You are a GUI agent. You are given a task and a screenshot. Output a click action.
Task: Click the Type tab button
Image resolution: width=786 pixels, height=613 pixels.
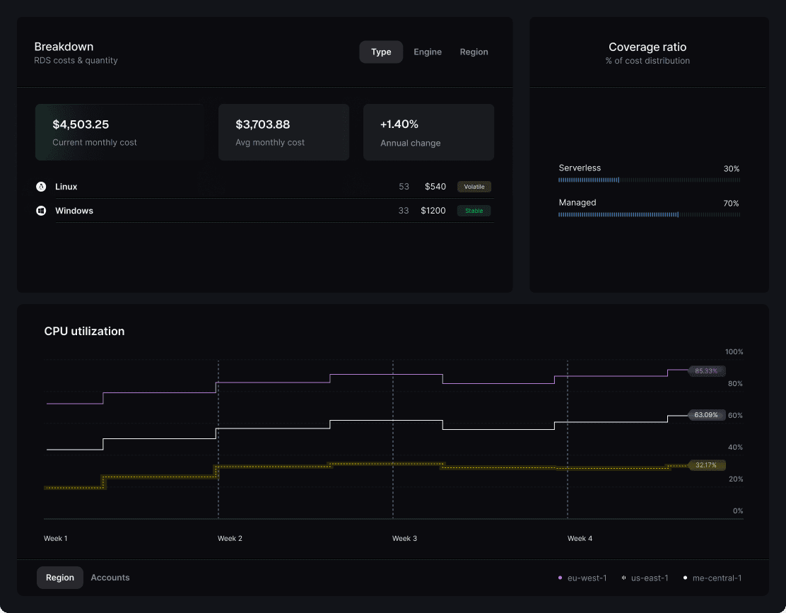tap(381, 52)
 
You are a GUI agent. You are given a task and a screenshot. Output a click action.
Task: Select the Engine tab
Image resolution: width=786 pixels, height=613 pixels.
tap(428, 52)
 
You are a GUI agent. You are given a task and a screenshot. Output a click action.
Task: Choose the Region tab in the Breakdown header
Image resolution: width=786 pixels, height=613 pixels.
tap(474, 52)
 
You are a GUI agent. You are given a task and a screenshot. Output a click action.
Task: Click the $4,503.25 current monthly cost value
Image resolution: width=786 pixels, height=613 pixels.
tap(81, 124)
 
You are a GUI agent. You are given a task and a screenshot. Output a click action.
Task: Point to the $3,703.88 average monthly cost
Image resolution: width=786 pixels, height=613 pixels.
tap(263, 124)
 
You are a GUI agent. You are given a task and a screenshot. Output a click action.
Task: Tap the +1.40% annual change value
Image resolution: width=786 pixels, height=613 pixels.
tap(399, 124)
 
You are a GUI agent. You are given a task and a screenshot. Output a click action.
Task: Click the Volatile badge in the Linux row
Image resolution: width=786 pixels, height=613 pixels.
tap(474, 187)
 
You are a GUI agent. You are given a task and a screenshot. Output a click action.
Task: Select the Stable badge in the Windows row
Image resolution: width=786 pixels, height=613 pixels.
tap(474, 211)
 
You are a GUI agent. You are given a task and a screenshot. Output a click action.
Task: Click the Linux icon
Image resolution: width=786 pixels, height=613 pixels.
tap(41, 187)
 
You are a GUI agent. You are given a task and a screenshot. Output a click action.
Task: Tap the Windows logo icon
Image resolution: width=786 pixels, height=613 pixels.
tap(41, 211)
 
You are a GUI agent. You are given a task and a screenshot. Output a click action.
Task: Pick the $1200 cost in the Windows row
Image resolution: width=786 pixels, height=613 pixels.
tap(433, 211)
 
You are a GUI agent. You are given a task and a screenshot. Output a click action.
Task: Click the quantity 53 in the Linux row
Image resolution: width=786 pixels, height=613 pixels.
tap(404, 187)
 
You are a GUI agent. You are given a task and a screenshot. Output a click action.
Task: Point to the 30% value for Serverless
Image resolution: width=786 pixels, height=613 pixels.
tap(731, 169)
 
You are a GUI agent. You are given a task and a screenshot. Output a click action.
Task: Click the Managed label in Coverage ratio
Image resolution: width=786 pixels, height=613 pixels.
tap(577, 203)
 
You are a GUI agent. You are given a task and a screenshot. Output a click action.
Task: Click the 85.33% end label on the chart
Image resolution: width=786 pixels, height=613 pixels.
tap(706, 370)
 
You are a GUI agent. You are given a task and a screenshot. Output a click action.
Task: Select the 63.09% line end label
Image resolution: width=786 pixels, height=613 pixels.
tap(706, 415)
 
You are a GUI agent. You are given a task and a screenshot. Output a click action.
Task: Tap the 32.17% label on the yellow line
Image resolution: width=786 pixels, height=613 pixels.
tap(706, 465)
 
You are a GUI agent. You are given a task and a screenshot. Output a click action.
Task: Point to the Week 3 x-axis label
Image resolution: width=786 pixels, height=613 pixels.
tap(404, 539)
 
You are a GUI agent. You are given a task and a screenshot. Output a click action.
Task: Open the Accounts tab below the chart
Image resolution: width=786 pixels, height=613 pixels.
tap(110, 578)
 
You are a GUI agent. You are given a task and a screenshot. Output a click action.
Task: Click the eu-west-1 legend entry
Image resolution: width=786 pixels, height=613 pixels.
tap(583, 578)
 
